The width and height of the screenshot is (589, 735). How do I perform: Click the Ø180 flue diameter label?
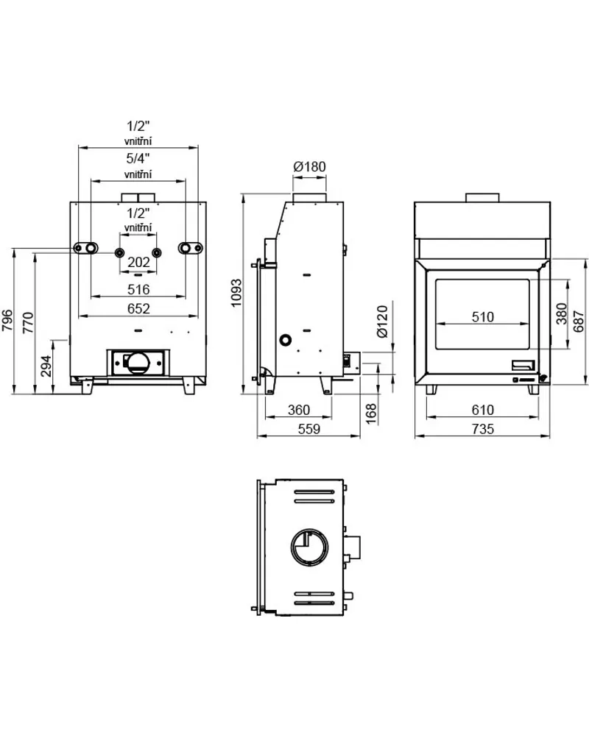point(309,166)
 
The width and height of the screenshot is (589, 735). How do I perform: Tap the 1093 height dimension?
point(236,293)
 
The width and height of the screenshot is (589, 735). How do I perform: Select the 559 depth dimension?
point(309,429)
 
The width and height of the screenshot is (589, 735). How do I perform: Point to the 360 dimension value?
point(299,410)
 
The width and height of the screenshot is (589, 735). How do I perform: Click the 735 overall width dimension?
point(482,429)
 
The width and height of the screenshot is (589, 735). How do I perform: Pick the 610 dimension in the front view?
point(482,410)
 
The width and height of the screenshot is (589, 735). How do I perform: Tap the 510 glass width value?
point(482,317)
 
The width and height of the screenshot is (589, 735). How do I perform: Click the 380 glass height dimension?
point(561,313)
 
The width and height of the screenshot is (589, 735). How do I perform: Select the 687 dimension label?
point(579,321)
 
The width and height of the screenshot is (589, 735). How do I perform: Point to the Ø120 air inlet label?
point(383,322)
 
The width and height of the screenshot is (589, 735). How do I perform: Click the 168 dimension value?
point(371,414)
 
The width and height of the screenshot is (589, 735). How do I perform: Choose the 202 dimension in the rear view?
point(139,262)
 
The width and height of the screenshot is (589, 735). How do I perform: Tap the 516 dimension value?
point(139,290)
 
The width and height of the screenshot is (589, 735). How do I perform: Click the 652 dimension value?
point(139,309)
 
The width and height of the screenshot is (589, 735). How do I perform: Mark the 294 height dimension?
point(46,366)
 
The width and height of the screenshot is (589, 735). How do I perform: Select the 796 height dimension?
point(8,320)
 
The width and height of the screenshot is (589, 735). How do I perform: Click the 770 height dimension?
point(28,322)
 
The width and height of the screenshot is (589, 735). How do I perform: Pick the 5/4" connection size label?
point(138,158)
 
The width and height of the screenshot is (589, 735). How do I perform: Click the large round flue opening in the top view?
point(309,547)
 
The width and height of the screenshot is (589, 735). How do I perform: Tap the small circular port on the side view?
point(285,341)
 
